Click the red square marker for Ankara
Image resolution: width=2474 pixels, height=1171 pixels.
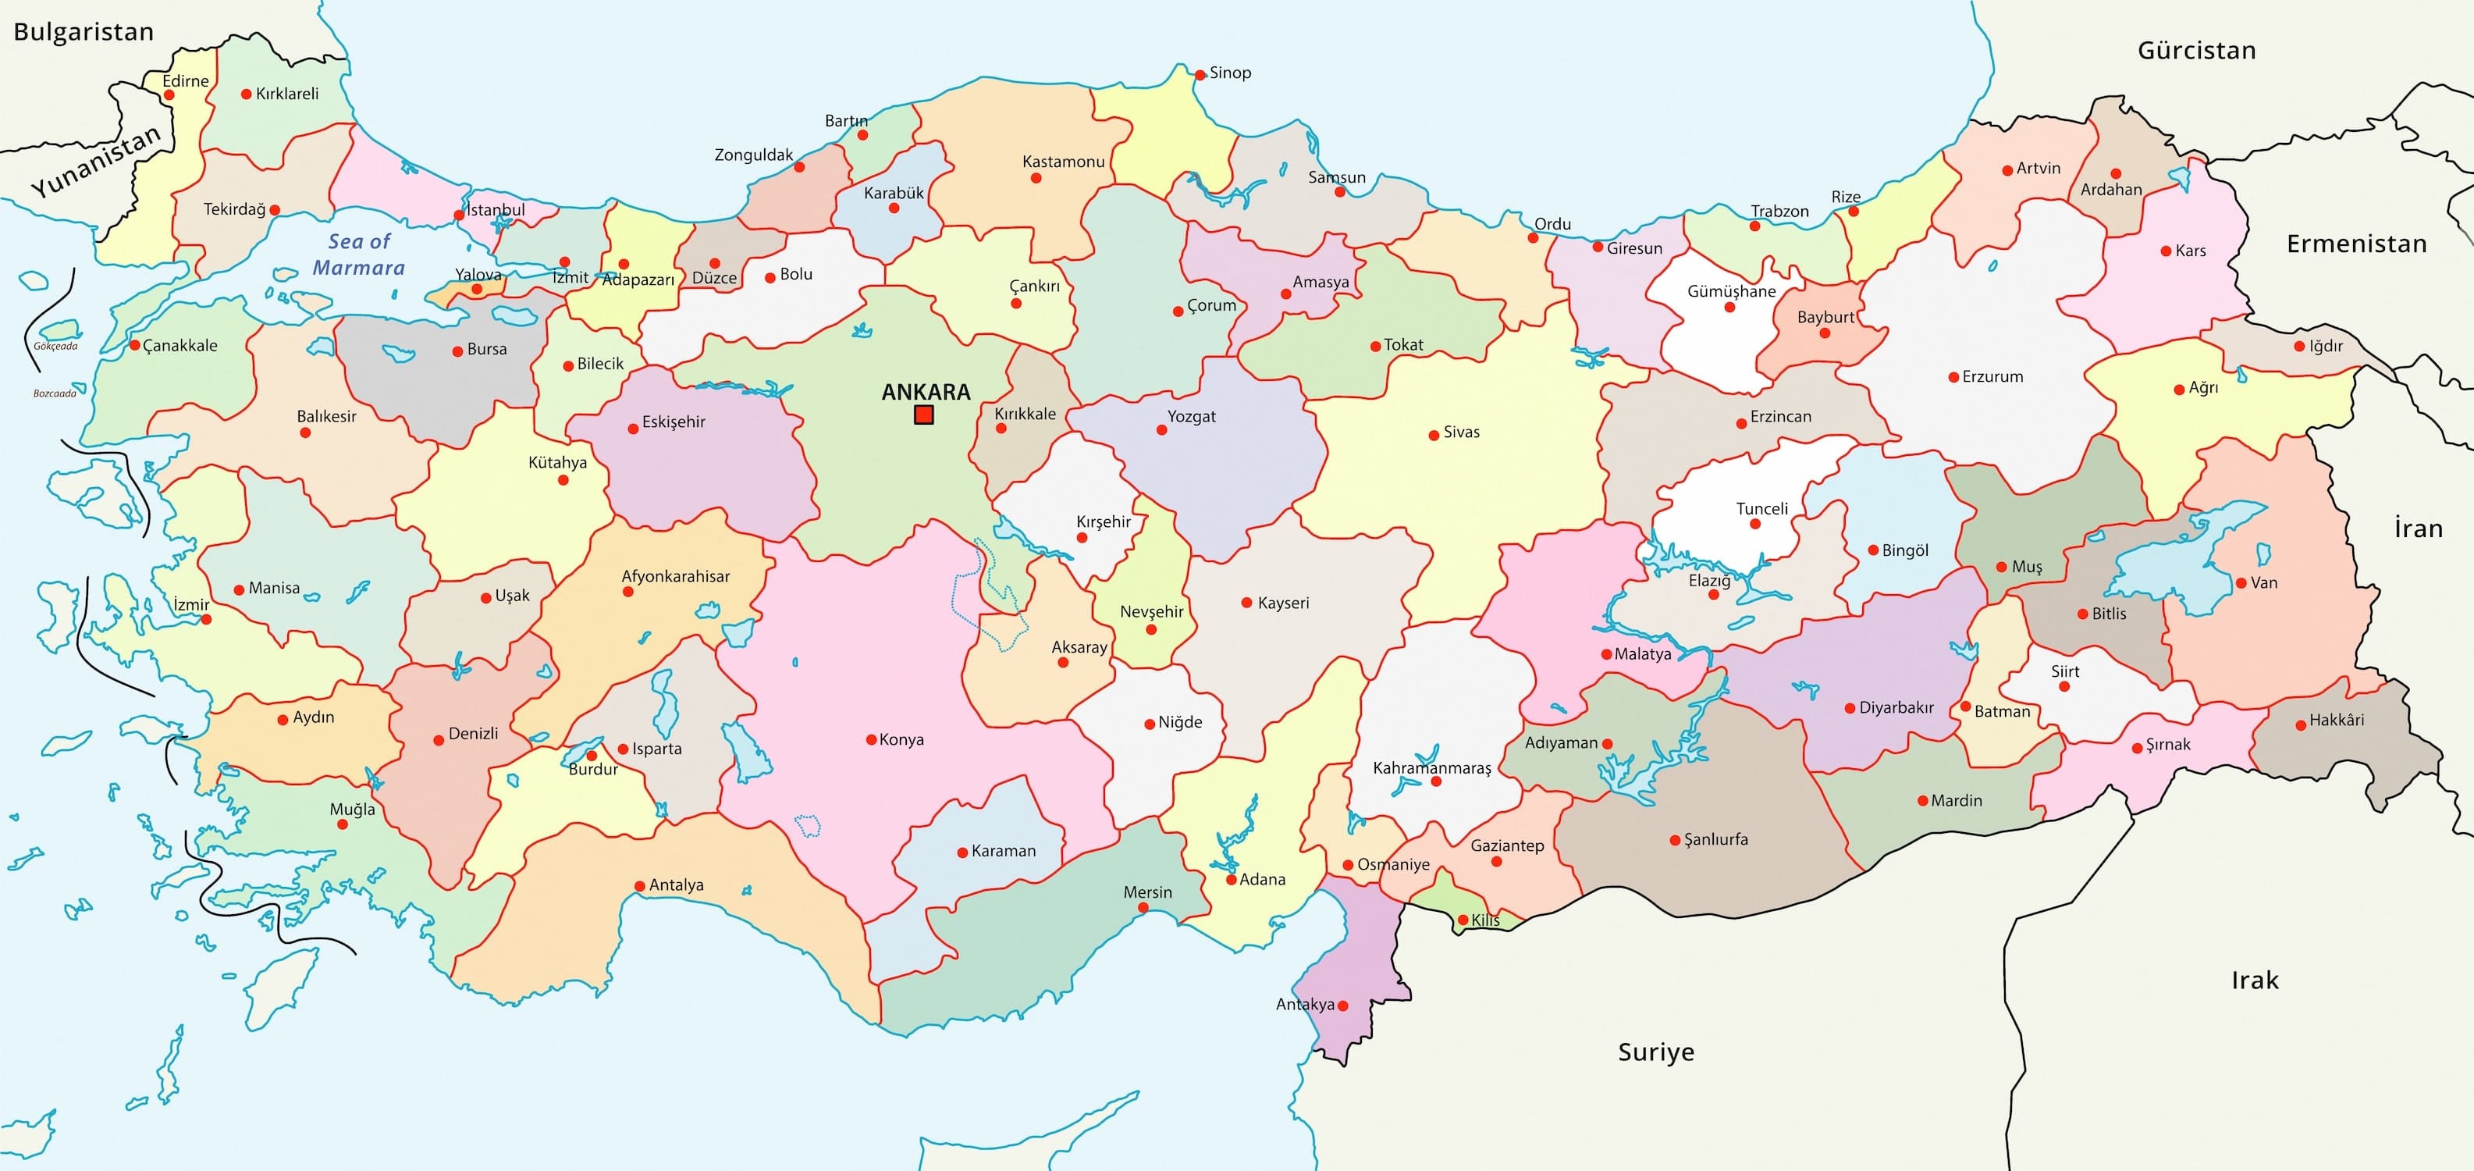click(x=924, y=414)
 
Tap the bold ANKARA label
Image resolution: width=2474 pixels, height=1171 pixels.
click(x=926, y=392)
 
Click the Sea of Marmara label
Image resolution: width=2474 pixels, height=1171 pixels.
click(x=358, y=254)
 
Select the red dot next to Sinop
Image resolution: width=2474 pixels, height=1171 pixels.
click(x=1200, y=74)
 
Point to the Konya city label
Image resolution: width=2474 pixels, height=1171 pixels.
click(x=901, y=739)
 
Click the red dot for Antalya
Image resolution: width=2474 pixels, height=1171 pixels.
click(x=640, y=886)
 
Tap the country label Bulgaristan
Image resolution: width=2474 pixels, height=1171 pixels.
click(x=84, y=32)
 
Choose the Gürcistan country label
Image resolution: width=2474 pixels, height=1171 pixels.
click(x=2196, y=50)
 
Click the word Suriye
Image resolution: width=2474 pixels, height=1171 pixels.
click(x=1656, y=1052)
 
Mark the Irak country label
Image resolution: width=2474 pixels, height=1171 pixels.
click(x=2254, y=980)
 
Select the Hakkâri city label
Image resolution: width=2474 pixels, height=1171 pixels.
click(x=2337, y=720)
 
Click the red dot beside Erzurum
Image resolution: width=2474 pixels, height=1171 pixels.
click(x=1953, y=378)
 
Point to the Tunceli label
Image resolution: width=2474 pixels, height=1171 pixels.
click(x=1761, y=508)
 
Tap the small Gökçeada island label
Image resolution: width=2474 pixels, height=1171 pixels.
click(x=55, y=346)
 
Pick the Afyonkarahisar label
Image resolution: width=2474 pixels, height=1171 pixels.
click(x=675, y=576)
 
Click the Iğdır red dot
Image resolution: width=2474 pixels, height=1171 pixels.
click(x=2299, y=346)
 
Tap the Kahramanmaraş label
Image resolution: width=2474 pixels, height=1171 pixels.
click(x=1431, y=767)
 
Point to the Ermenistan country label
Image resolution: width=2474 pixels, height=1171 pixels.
click(x=2356, y=244)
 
